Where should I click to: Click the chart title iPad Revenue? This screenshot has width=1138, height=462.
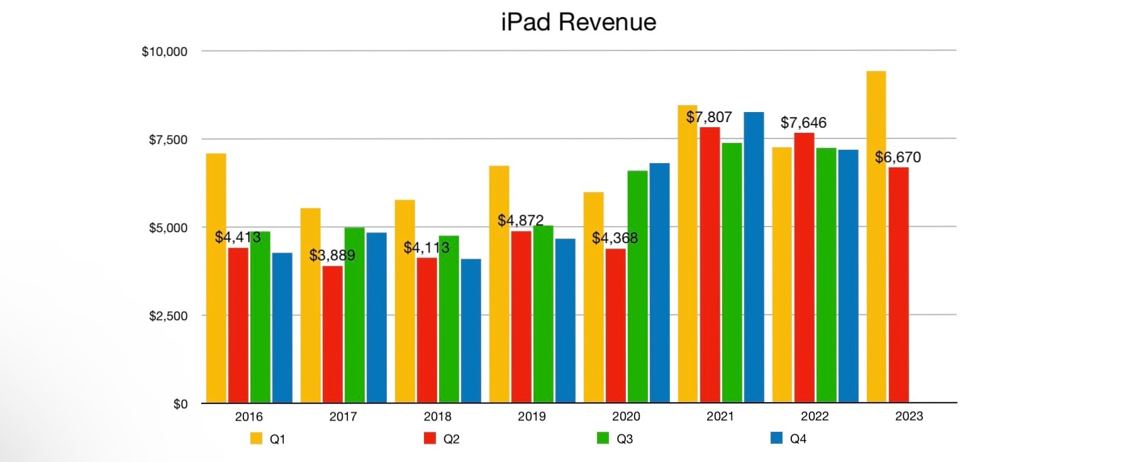coord(578,22)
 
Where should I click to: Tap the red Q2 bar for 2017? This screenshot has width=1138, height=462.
coord(332,334)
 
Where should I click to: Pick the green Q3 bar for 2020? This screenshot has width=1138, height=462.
coord(637,286)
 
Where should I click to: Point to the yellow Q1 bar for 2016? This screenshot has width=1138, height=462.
coord(216,278)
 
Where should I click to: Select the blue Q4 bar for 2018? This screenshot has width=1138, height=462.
coord(471,330)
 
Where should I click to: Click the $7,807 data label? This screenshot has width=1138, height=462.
coord(709,117)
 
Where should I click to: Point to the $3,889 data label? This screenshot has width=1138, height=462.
coord(332,255)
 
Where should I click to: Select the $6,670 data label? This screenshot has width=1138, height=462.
coord(898,157)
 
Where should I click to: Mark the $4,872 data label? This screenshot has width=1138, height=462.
coord(520,220)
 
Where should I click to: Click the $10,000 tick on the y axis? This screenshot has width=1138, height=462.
coord(164,52)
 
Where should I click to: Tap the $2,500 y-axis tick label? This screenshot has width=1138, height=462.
coord(168,316)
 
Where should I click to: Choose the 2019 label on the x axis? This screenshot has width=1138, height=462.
coord(532,416)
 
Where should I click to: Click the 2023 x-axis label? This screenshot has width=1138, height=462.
coord(909,416)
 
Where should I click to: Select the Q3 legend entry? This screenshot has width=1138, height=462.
coord(615,439)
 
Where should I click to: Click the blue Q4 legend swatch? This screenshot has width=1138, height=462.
coord(776,438)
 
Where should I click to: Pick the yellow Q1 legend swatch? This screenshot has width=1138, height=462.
coord(256,438)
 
